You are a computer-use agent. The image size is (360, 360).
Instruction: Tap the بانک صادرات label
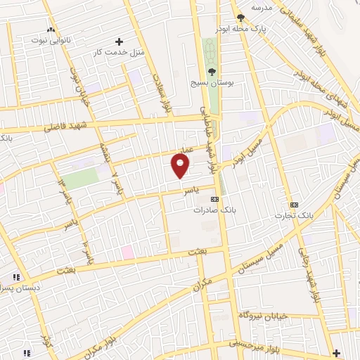pyautogui.click(x=216, y=210)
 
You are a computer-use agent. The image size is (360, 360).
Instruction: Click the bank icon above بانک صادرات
pyautogui.click(x=215, y=200)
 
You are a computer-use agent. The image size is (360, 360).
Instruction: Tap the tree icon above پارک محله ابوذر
pyautogui.click(x=241, y=17)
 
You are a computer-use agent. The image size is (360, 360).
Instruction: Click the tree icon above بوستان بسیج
pyautogui.click(x=212, y=71)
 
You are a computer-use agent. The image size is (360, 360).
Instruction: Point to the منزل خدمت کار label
pyautogui.click(x=120, y=53)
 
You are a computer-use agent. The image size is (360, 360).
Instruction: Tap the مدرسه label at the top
pyautogui.click(x=262, y=7)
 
